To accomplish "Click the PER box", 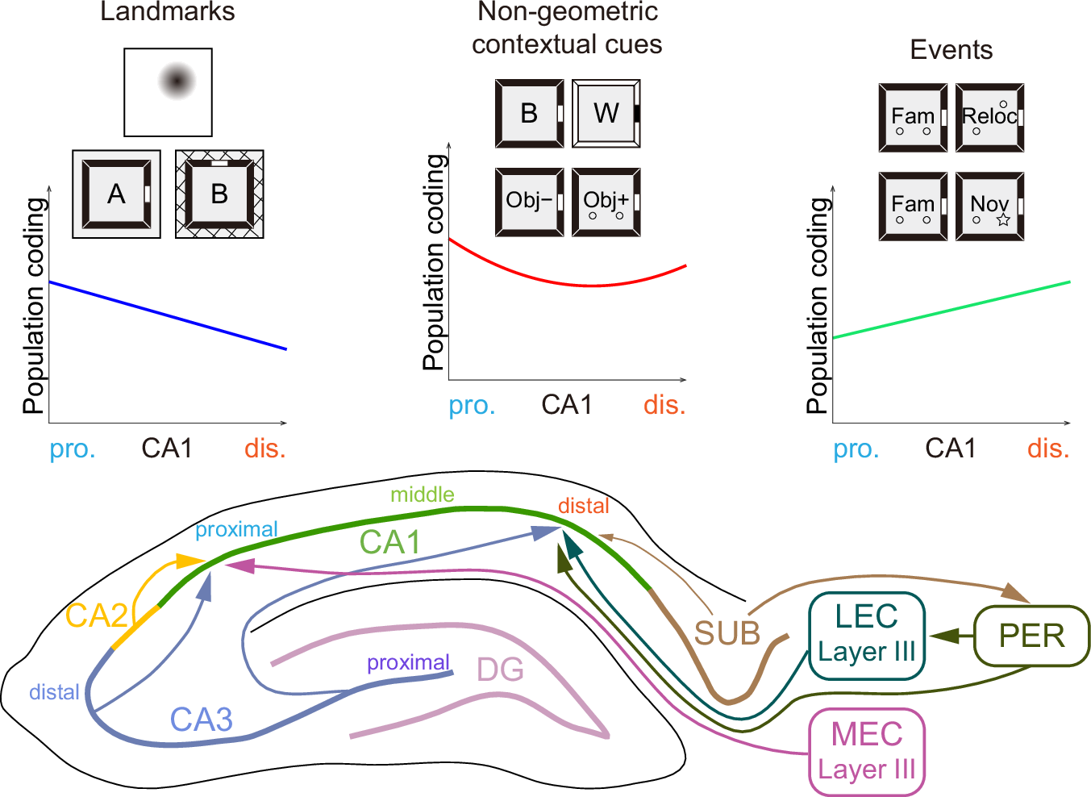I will pos(1031,636).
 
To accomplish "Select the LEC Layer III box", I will pos(866,635).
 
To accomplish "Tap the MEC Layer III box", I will pos(866,752).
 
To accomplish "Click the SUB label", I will pos(727,634).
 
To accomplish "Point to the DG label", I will pos(500,670).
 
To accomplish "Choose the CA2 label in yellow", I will pos(96,616).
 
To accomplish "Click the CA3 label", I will pos(201,720).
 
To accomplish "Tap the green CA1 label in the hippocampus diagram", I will pos(390,543).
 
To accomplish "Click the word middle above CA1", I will pos(422,494).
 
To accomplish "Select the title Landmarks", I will pos(168,12).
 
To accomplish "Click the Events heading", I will pos(951,50).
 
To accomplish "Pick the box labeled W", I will pos(606,114).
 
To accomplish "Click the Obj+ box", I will pos(606,202).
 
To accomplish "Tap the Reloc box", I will pos(989,118).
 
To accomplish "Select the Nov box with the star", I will pos(989,207).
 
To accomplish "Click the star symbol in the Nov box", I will pos(1003,219).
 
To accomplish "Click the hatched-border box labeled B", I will pos(219,194).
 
